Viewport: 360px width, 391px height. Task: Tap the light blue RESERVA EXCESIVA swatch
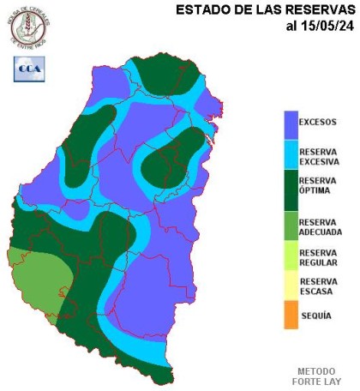click(291, 154)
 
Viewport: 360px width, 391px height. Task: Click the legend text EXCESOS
click(317, 122)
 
